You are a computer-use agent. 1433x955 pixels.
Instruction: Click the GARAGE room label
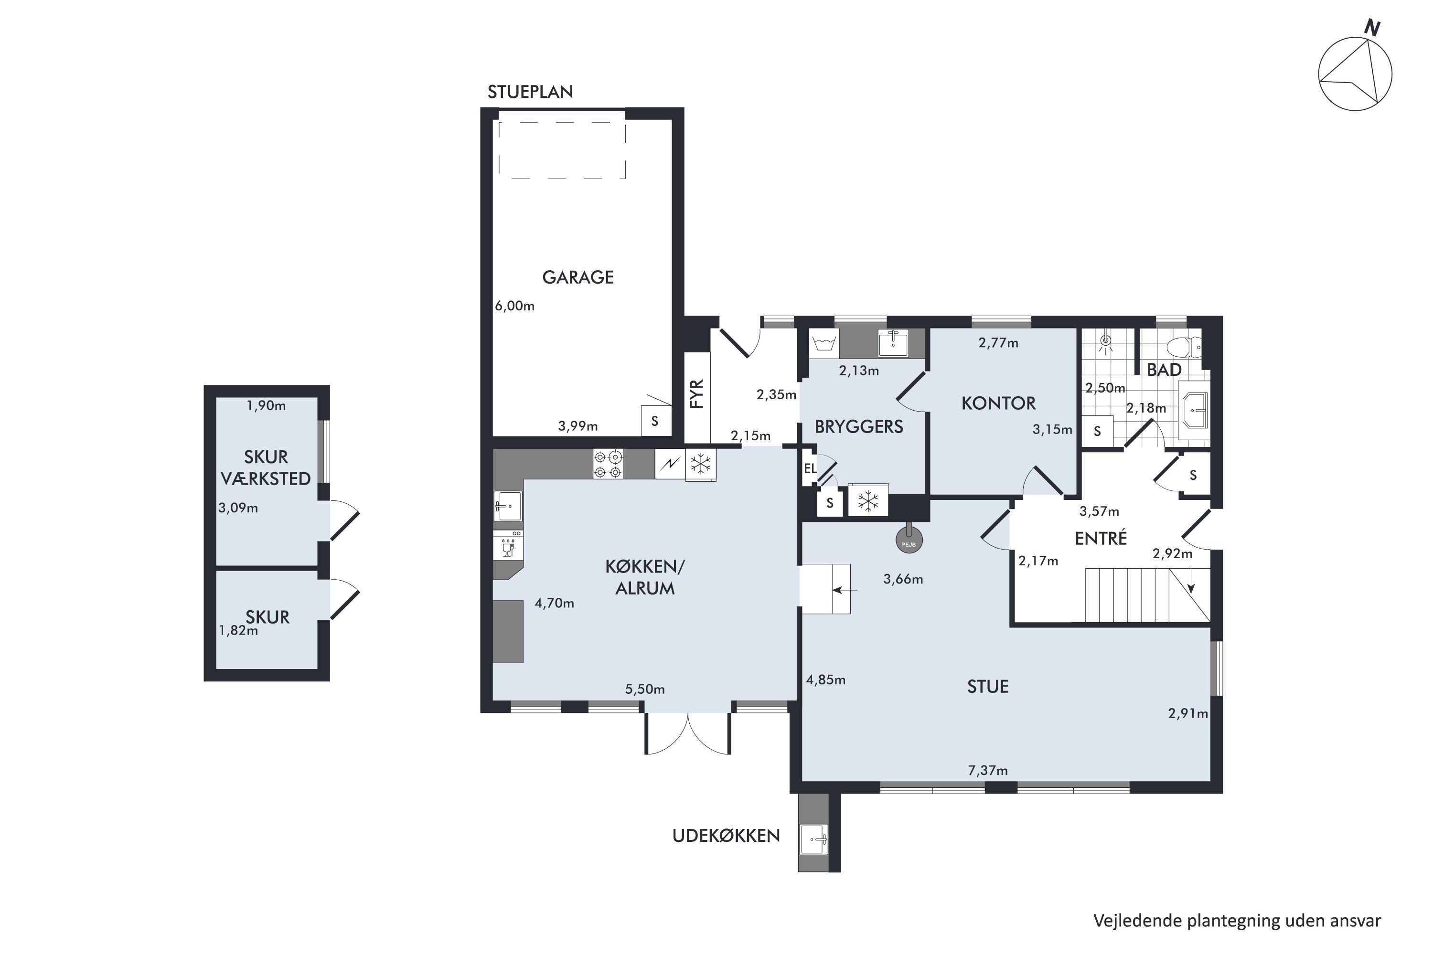pos(577,277)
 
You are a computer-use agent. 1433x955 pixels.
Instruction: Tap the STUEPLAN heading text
pos(530,92)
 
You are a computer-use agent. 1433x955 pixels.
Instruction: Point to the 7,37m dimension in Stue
pos(988,771)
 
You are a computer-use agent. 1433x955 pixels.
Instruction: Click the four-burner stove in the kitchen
pos(608,464)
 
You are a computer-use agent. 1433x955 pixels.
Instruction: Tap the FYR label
pos(697,393)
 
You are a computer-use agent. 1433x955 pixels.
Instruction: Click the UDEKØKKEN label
pos(726,836)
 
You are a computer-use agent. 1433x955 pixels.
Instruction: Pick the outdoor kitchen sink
pos(813,840)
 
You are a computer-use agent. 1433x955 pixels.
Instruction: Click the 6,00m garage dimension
pos(515,306)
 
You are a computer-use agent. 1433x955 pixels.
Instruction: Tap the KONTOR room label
pos(998,403)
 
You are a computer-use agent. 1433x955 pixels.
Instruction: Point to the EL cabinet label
pos(810,468)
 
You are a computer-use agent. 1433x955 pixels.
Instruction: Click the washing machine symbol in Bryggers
pos(823,344)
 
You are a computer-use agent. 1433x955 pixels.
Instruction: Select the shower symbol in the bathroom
pos(1105,342)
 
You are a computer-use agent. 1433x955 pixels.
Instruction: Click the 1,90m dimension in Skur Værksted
pos(266,405)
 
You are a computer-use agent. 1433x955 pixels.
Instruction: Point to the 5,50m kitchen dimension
pos(644,690)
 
